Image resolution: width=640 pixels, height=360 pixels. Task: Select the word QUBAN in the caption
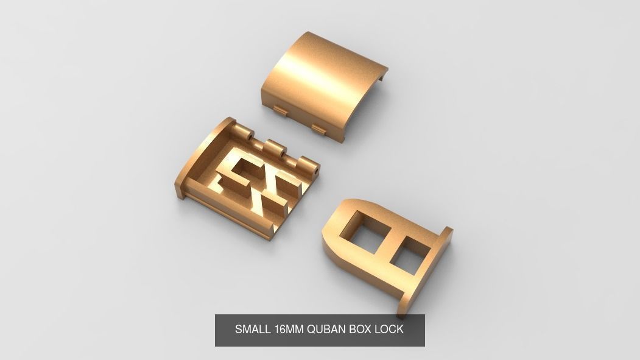point(326,330)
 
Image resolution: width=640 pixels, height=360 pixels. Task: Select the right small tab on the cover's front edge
point(318,128)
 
